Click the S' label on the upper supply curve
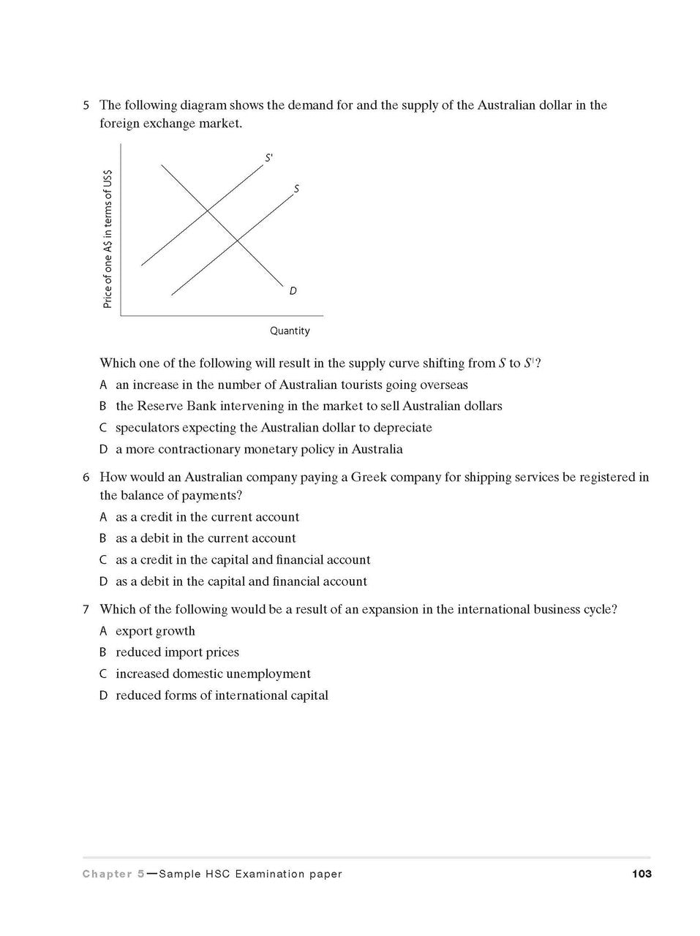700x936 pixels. click(269, 157)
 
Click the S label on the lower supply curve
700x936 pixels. click(296, 189)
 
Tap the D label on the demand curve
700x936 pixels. click(293, 291)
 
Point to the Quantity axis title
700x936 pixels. click(290, 331)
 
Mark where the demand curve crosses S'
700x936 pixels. click(208, 211)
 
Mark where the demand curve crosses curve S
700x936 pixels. click(237, 239)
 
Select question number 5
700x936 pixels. click(86, 105)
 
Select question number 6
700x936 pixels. click(86, 478)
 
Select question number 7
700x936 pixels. click(86, 609)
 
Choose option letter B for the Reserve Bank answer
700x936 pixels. click(103, 407)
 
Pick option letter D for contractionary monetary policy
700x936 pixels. click(103, 450)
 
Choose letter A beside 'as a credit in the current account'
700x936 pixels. click(103, 518)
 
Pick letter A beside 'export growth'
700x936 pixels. click(103, 631)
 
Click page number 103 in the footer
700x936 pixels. click(641, 874)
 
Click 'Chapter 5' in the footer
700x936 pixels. click(113, 874)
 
